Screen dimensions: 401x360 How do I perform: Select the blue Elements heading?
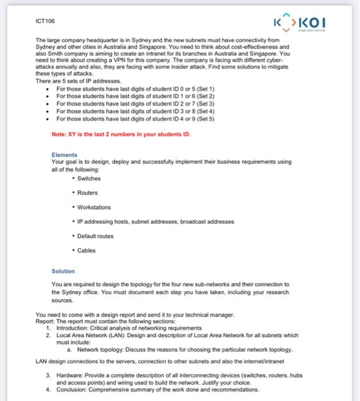(x=64, y=155)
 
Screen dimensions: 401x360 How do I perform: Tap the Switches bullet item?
(x=88, y=178)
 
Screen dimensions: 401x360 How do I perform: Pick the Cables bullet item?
(x=85, y=250)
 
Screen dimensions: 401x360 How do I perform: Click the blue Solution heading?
(x=63, y=272)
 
